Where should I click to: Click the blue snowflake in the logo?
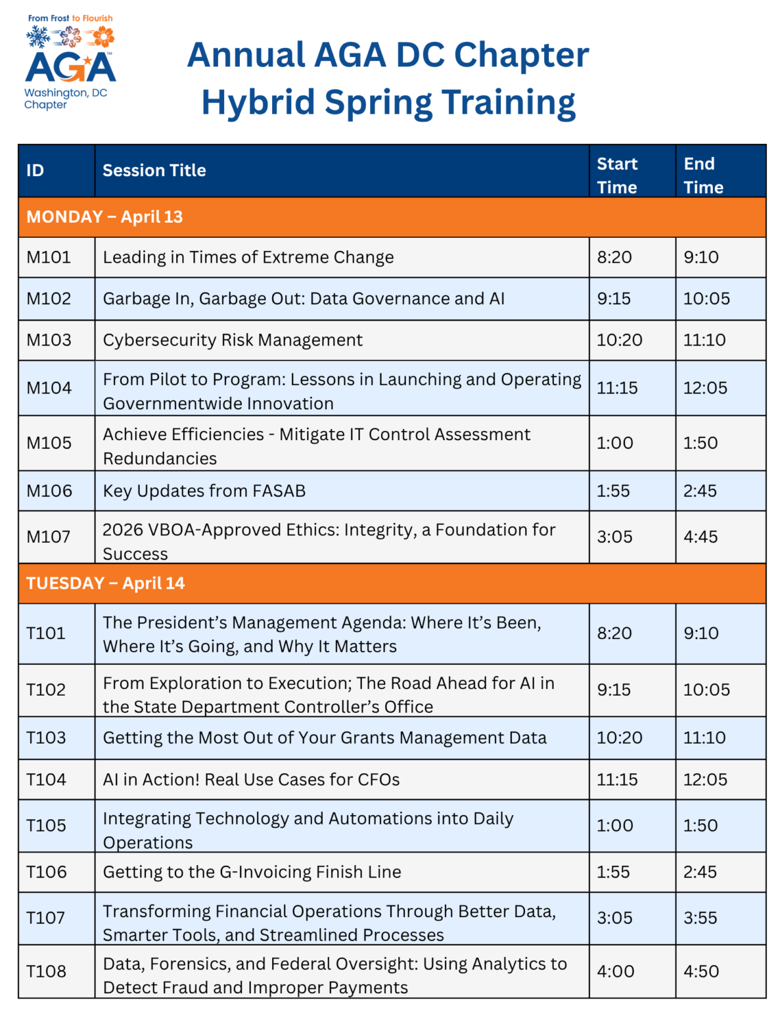38,36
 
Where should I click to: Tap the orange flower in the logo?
103,36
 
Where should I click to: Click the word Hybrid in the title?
258,103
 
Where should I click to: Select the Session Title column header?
154,170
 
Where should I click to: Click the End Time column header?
703,175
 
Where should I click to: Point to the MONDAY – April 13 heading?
104,217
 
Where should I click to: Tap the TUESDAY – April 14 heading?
105,583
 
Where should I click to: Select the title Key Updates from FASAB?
204,491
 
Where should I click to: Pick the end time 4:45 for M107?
700,537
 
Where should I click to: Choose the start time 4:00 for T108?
616,972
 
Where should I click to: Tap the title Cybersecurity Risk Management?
233,340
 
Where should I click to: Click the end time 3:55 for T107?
700,918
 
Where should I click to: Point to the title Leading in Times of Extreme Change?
248,258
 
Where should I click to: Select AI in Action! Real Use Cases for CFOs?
251,780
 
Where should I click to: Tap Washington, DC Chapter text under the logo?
66,99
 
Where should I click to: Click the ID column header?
35,170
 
